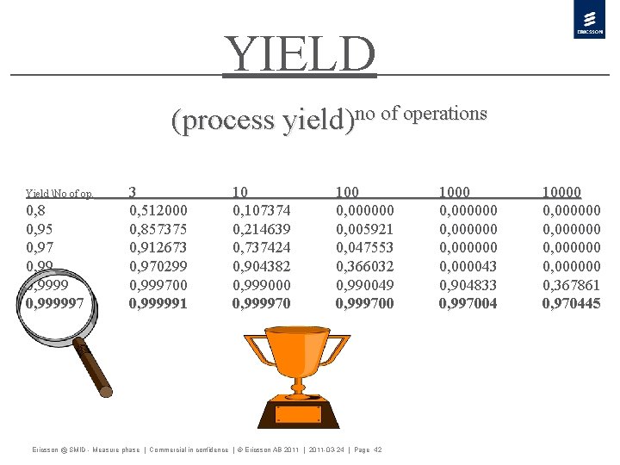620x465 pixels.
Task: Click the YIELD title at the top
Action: click(300, 54)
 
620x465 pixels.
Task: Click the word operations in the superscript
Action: click(445, 114)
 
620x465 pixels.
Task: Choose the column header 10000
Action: click(561, 193)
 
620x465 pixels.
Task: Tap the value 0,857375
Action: click(158, 230)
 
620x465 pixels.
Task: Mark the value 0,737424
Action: click(261, 248)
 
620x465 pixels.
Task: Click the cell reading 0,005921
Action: click(364, 230)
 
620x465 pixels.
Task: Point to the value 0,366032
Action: click(364, 266)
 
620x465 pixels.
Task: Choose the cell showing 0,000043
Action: click(468, 266)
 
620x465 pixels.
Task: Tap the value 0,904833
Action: click(468, 285)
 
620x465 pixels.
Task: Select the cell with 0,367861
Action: click(571, 285)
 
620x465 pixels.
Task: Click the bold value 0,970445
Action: click(571, 303)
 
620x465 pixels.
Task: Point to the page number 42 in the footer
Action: click(377, 450)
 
